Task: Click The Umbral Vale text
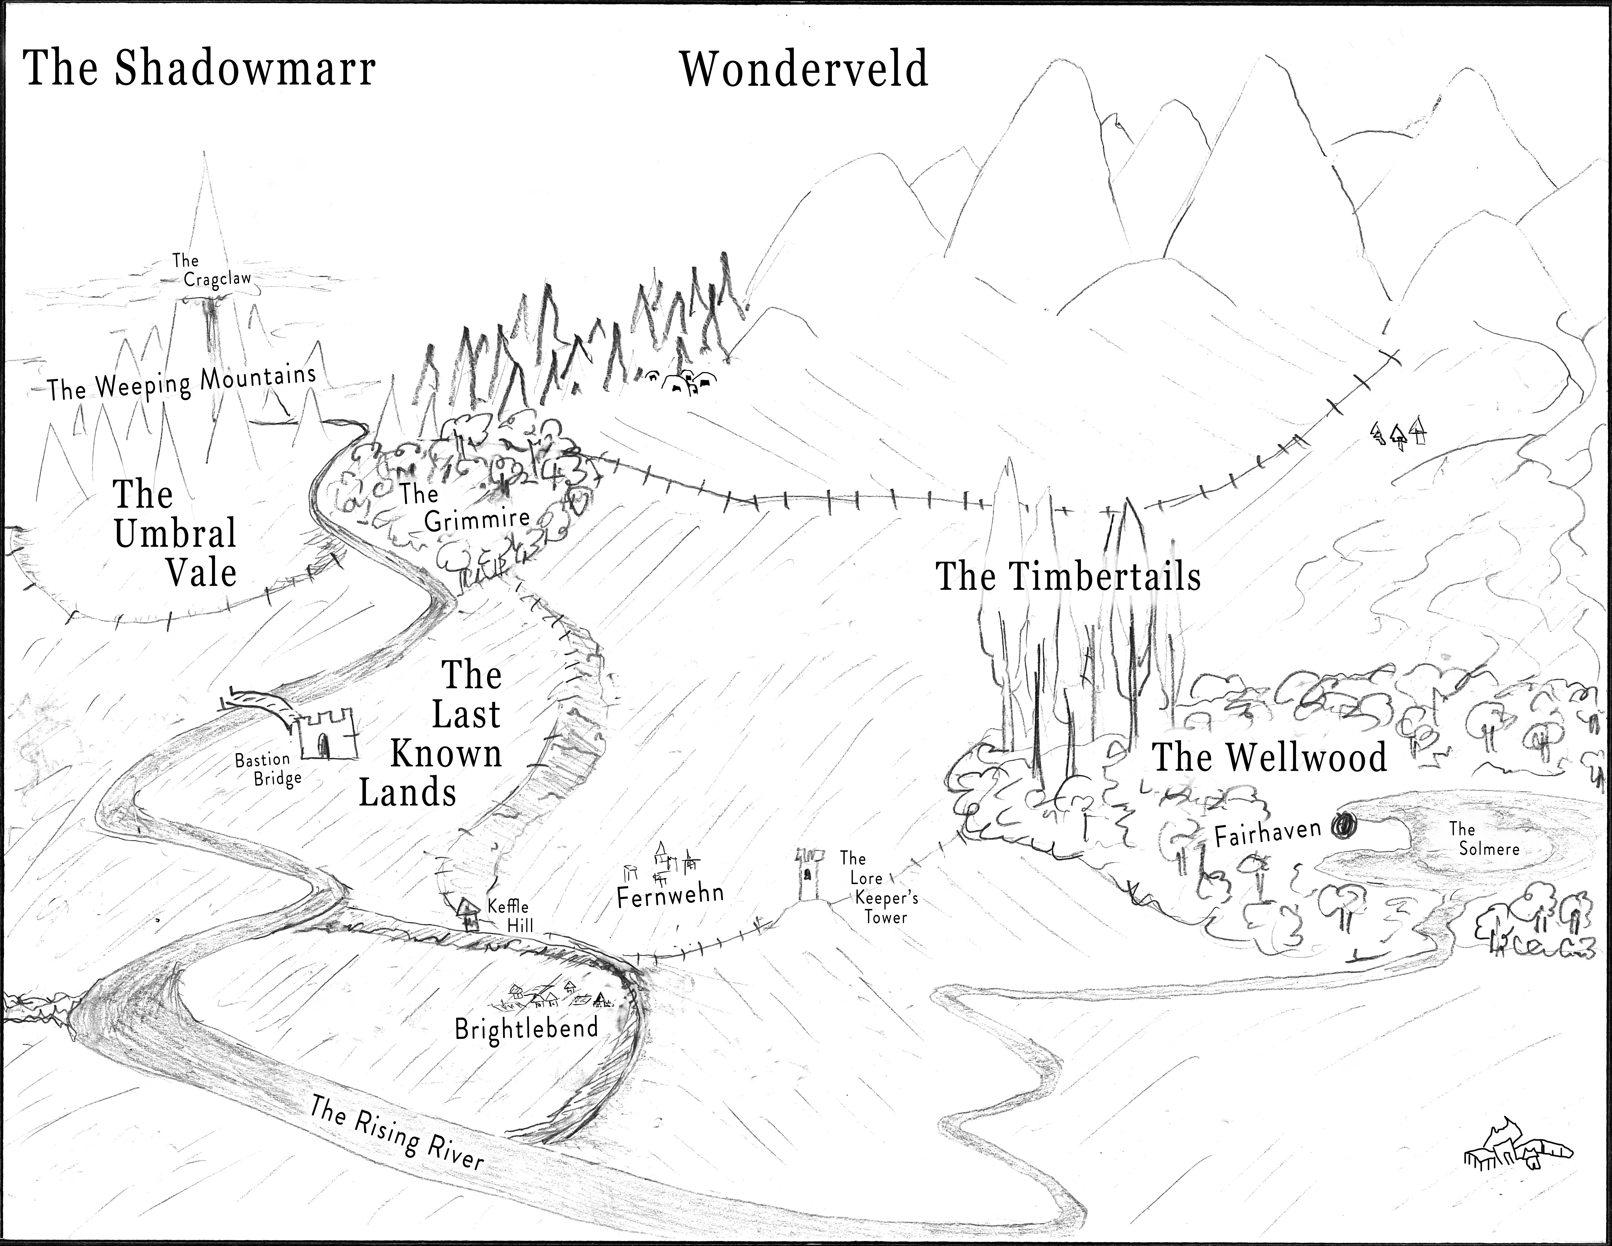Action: [x=175, y=533]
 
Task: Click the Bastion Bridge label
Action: [x=267, y=769]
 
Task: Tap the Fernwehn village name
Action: [x=669, y=895]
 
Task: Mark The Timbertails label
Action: [x=1068, y=577]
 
